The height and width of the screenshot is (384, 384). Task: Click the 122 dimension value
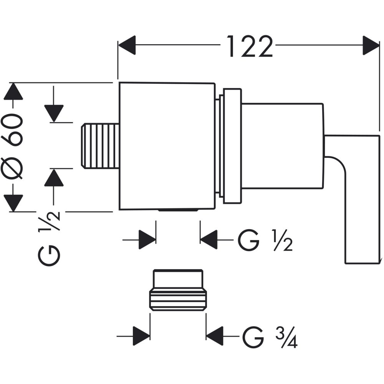coord(250,46)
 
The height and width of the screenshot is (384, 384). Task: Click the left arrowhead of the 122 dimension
coord(127,45)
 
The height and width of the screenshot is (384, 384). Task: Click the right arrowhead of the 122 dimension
coord(371,45)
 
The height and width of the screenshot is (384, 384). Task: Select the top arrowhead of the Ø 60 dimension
coord(14,92)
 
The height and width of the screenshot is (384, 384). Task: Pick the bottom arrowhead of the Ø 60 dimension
coord(14,202)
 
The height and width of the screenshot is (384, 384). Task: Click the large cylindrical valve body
coord(167,146)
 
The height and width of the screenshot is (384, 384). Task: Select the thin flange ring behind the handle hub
coord(232,146)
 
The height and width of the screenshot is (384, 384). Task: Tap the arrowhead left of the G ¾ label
coord(215,336)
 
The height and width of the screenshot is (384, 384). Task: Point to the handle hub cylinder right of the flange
coord(282,146)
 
